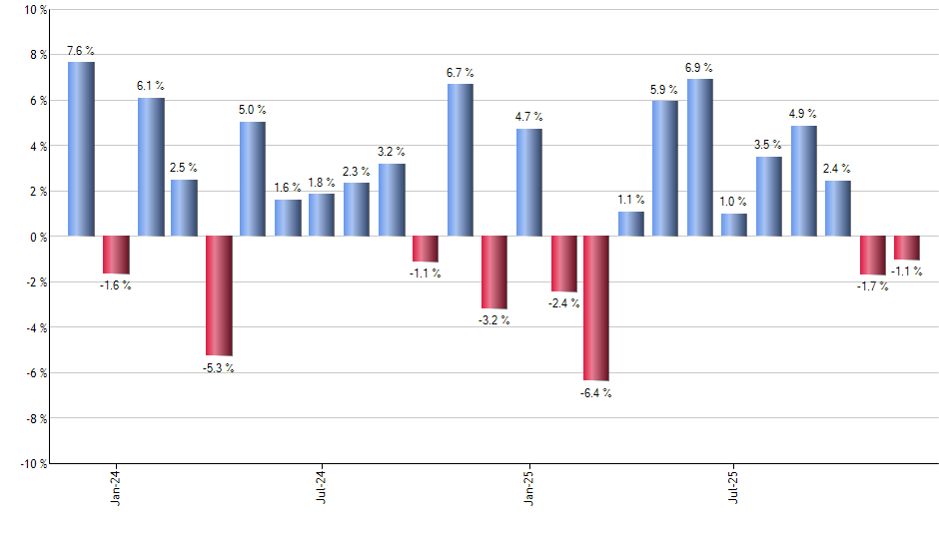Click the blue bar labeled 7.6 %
tap(81, 149)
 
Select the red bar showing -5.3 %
tap(219, 295)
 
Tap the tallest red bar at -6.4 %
tap(596, 308)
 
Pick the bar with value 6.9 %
tap(699, 157)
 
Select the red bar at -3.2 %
tap(494, 273)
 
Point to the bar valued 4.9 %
tap(803, 181)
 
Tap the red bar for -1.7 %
tap(872, 256)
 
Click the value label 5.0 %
tap(253, 110)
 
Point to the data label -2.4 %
tap(563, 303)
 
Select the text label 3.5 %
tap(768, 145)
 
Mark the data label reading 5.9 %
tap(664, 90)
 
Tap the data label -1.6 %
tap(116, 285)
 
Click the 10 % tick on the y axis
tap(34, 10)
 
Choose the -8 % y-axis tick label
tap(34, 418)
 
